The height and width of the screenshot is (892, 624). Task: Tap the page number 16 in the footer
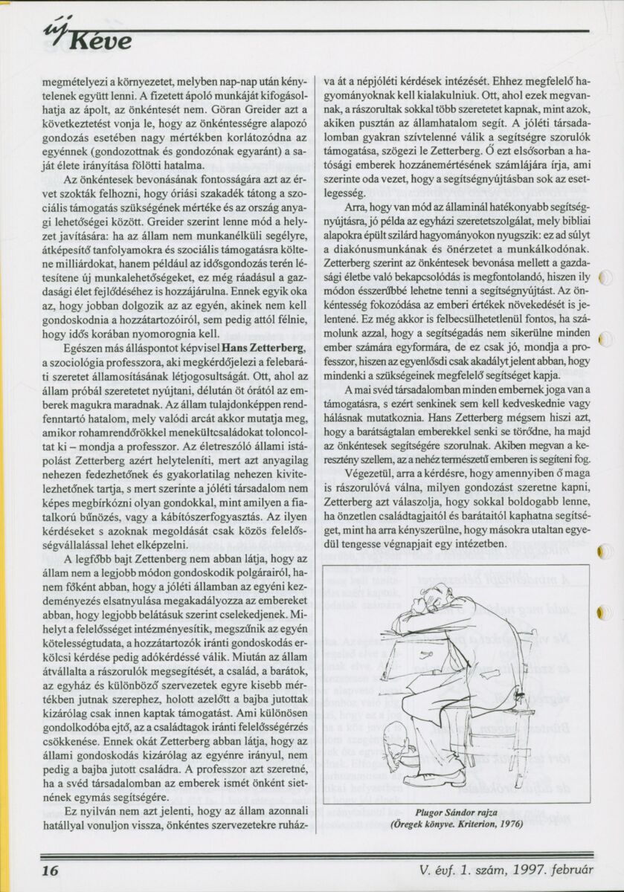(x=49, y=870)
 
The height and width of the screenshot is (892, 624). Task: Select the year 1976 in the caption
(x=510, y=824)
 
